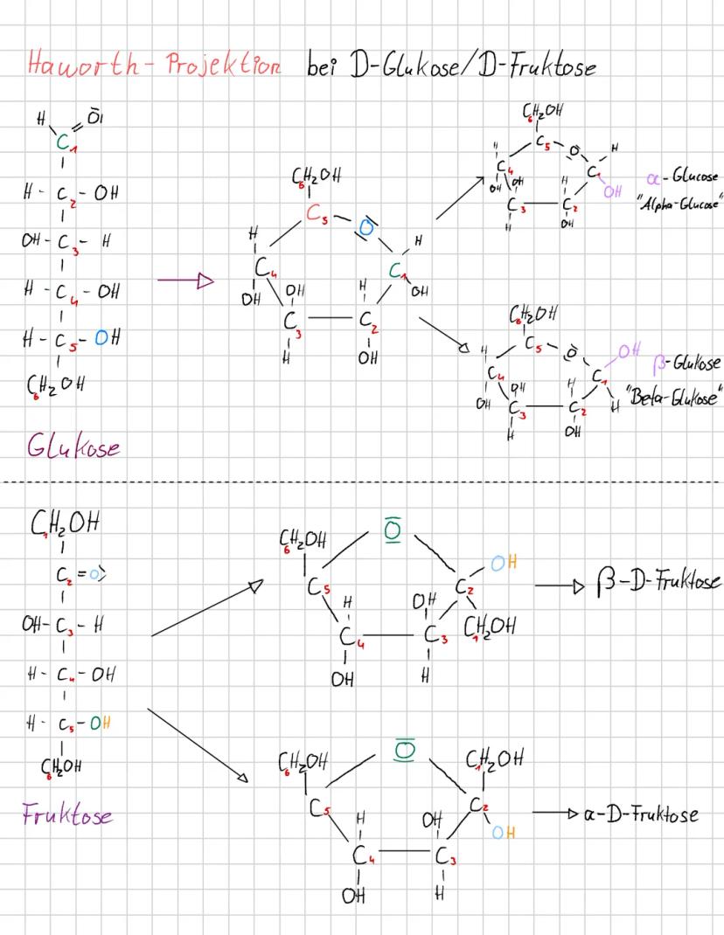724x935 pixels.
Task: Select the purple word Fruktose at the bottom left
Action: [x=66, y=815]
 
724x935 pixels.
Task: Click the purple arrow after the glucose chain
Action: [x=186, y=280]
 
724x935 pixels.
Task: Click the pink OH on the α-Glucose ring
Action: [x=615, y=189]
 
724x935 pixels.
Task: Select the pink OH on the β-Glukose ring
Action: [x=629, y=352]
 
